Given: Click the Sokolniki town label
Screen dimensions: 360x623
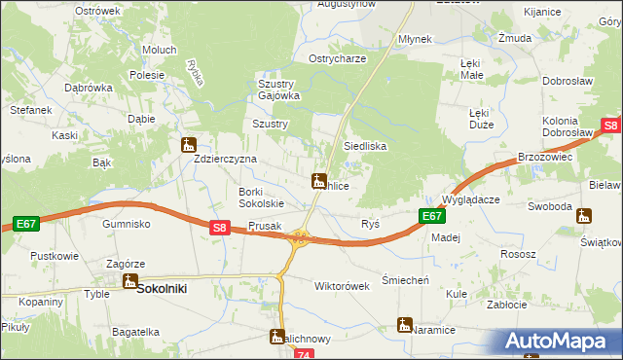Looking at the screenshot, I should [x=162, y=289].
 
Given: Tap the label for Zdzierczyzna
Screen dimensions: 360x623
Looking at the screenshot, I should [x=225, y=159].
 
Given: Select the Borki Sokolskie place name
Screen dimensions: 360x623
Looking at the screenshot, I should [x=261, y=198].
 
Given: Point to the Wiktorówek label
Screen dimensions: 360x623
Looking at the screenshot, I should [x=342, y=287].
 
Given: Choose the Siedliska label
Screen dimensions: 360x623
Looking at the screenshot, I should [x=365, y=146].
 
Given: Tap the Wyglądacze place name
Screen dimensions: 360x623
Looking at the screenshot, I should [x=471, y=199].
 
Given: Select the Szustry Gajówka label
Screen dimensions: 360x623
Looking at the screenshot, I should [x=278, y=90].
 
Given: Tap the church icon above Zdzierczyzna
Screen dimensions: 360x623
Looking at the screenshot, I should [x=189, y=146].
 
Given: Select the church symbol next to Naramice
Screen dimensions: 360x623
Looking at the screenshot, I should [x=405, y=325].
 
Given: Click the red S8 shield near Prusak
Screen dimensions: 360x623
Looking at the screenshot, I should [x=220, y=229].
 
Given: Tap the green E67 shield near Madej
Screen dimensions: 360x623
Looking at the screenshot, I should [x=431, y=217].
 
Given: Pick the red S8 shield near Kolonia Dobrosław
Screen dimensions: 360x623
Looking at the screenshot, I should [x=610, y=126].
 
